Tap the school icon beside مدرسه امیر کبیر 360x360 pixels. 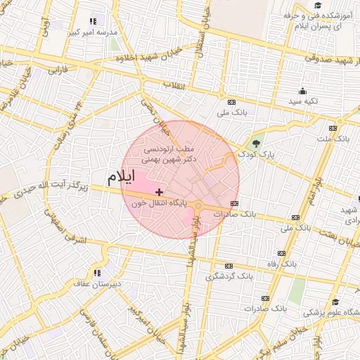click(93, 21)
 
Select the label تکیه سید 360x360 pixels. click(303, 101)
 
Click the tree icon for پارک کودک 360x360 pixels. click(255, 143)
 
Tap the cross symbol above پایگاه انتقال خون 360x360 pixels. click(160, 192)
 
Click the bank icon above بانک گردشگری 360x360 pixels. click(228, 266)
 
